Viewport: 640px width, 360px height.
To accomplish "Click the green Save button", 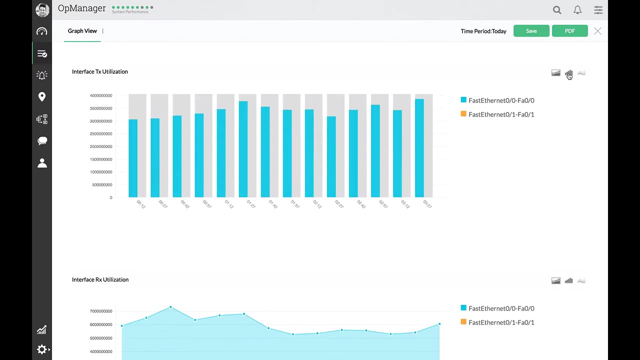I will pos(531,31).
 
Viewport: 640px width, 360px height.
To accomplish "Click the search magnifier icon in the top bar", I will pos(557,10).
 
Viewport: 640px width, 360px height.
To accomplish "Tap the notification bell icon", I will pos(577,10).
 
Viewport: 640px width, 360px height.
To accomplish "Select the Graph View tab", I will pos(82,31).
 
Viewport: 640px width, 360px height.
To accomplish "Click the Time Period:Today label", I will pos(483,31).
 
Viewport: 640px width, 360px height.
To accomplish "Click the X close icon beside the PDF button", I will pos(597,31).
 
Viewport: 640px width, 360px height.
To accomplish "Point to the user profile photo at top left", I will pos(42,10).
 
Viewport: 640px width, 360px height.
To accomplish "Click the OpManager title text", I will pos(81,8).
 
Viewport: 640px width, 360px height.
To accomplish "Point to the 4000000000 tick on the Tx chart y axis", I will pos(101,95).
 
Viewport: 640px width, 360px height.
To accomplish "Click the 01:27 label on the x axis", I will pos(250,204).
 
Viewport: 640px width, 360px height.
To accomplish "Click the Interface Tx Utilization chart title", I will pos(100,71).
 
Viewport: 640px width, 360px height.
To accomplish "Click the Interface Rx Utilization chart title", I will pos(100,279).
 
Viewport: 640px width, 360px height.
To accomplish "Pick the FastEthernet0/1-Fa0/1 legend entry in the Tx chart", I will pos(500,114).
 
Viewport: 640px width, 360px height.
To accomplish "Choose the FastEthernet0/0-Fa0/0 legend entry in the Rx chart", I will pos(500,308).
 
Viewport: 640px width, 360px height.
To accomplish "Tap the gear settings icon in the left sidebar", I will pos(42,349).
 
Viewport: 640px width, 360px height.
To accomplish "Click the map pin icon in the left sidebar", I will pos(42,96).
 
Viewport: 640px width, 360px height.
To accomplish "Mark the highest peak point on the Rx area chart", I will pos(170,307).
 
